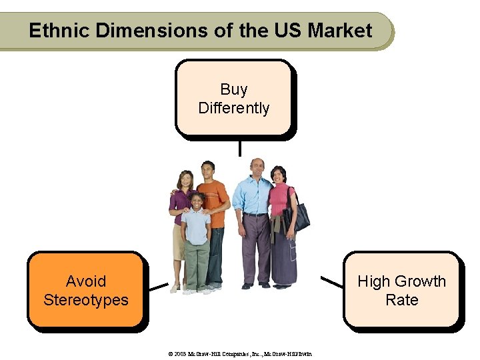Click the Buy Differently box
click(233, 98)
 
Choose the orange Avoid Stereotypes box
click(85, 290)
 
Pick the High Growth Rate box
click(401, 290)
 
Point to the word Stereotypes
click(85, 300)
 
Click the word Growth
click(417, 281)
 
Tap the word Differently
click(233, 108)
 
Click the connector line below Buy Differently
click(239, 147)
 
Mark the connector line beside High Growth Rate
click(331, 281)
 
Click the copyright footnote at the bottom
click(239, 353)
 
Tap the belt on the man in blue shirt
click(255, 215)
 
